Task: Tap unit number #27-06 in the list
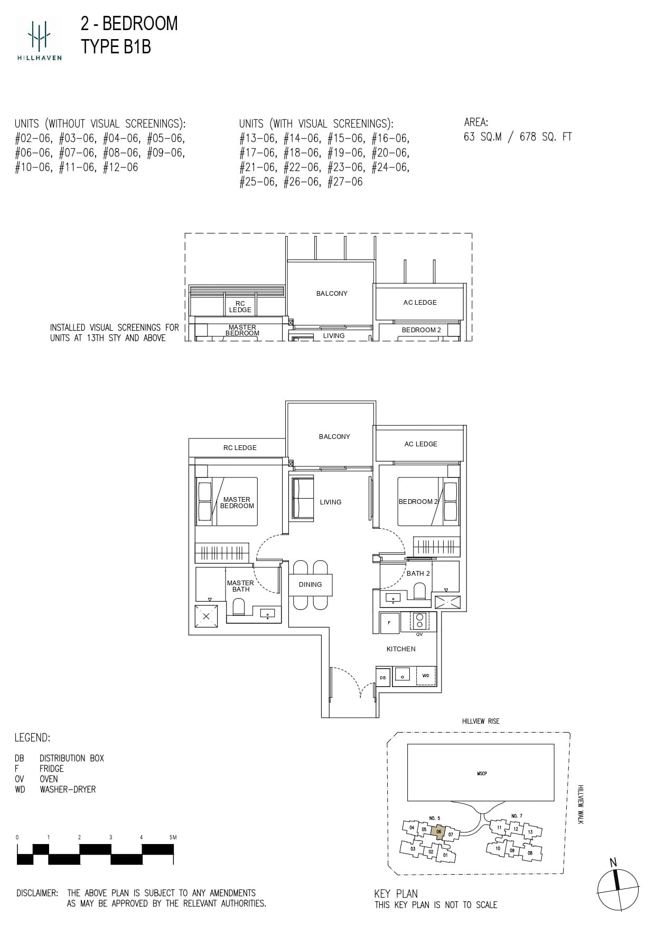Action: point(345,182)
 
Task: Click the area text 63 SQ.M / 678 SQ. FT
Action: point(518,137)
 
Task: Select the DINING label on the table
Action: point(310,585)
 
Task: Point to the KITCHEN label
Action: point(401,649)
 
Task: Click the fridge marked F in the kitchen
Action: point(390,623)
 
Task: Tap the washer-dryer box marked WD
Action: point(426,676)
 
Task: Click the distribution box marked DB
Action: point(383,678)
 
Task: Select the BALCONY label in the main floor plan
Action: point(334,436)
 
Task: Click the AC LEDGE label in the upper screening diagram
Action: point(420,302)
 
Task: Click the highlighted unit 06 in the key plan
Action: point(438,831)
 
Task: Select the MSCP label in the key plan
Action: point(482,773)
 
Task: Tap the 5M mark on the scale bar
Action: point(173,837)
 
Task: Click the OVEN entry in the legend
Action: point(49,779)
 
